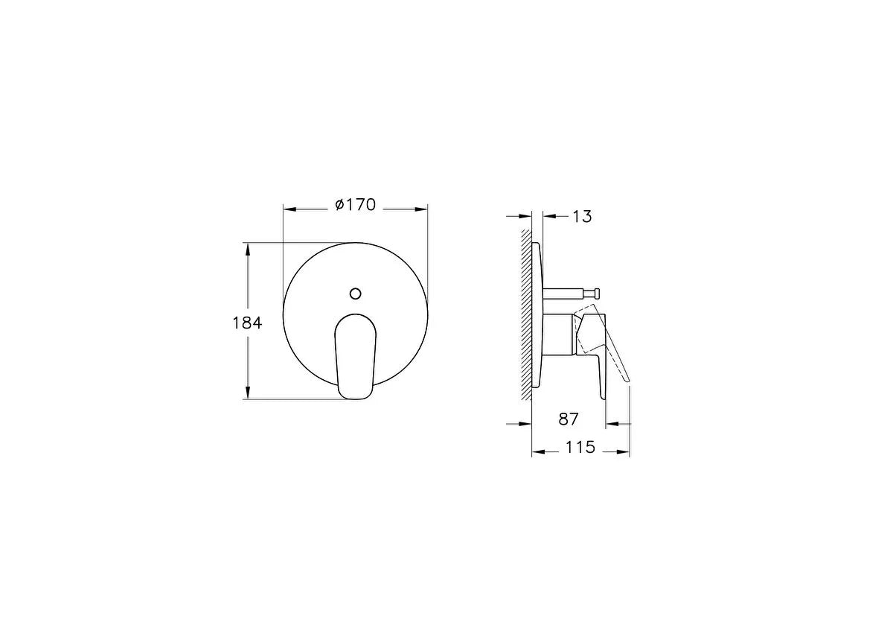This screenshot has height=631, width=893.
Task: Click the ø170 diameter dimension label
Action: pyautogui.click(x=355, y=205)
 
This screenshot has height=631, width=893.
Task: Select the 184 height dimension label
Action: pyautogui.click(x=247, y=323)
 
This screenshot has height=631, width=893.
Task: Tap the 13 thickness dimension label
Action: pyautogui.click(x=582, y=217)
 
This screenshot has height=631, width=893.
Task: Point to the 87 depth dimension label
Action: pyautogui.click(x=568, y=419)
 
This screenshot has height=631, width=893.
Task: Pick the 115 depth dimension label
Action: pyautogui.click(x=580, y=448)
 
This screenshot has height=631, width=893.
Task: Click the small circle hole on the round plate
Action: pyautogui.click(x=355, y=294)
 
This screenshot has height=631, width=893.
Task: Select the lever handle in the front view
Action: pyautogui.click(x=356, y=356)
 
